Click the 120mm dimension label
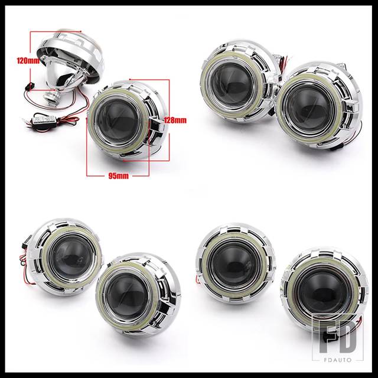click(28, 60)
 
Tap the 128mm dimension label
click(175, 120)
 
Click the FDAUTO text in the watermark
click(337, 360)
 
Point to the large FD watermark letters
click(338, 337)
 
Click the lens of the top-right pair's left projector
click(232, 84)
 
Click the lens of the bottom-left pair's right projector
click(128, 295)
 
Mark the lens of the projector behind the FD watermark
click(322, 292)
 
